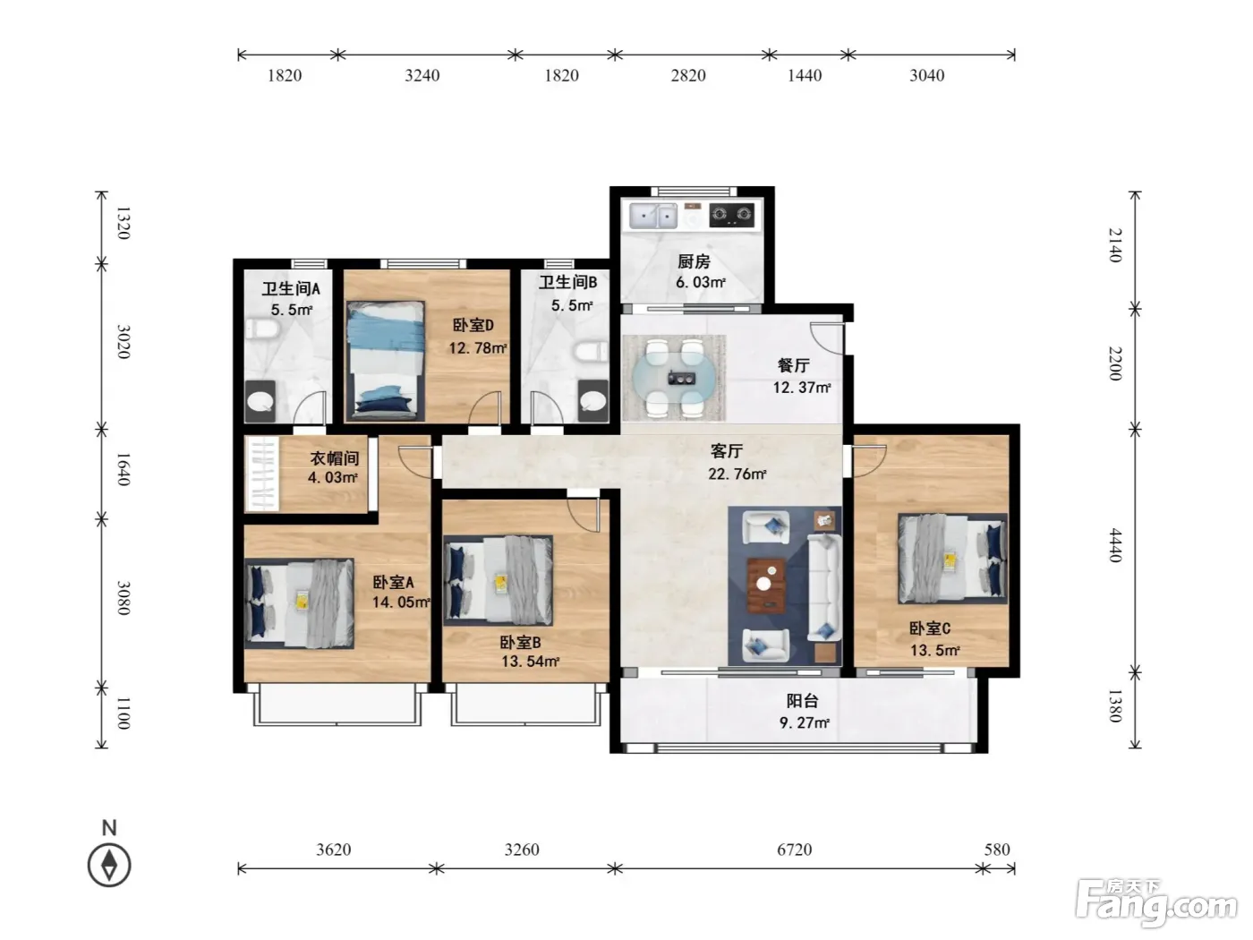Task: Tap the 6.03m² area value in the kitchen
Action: click(701, 282)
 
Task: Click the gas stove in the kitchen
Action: click(731, 215)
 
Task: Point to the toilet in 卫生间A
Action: click(262, 329)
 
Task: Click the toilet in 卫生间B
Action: click(592, 351)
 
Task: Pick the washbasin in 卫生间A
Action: click(260, 401)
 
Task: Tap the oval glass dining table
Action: click(673, 377)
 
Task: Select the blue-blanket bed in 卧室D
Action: click(386, 361)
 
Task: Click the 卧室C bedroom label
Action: click(929, 628)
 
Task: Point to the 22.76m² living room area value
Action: click(737, 474)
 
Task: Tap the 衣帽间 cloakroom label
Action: click(335, 457)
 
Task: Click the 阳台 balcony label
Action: click(802, 700)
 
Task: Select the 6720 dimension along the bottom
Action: click(794, 850)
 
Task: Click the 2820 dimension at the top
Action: click(688, 75)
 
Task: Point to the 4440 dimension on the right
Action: click(1115, 545)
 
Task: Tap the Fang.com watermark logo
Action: click(1155, 903)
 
